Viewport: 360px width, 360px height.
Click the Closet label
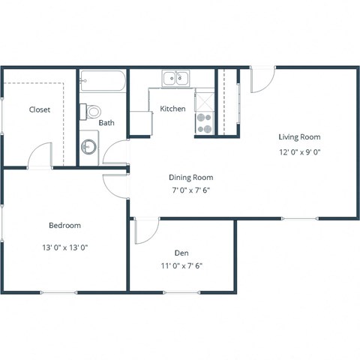coord(40,109)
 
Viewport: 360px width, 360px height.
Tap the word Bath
coord(106,123)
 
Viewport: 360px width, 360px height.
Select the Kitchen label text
coord(173,109)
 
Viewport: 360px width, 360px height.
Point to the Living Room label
coord(299,136)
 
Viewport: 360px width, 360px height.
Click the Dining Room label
coord(190,178)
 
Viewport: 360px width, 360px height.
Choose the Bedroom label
coord(65,225)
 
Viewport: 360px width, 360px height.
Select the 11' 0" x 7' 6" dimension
coord(181,265)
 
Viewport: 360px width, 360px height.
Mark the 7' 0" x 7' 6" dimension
coord(190,191)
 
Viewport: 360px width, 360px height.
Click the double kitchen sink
coord(178,76)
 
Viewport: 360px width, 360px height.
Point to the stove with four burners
coord(205,123)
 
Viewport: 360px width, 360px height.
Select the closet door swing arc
coord(37,157)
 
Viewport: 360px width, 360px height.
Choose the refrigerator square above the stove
coord(205,100)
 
